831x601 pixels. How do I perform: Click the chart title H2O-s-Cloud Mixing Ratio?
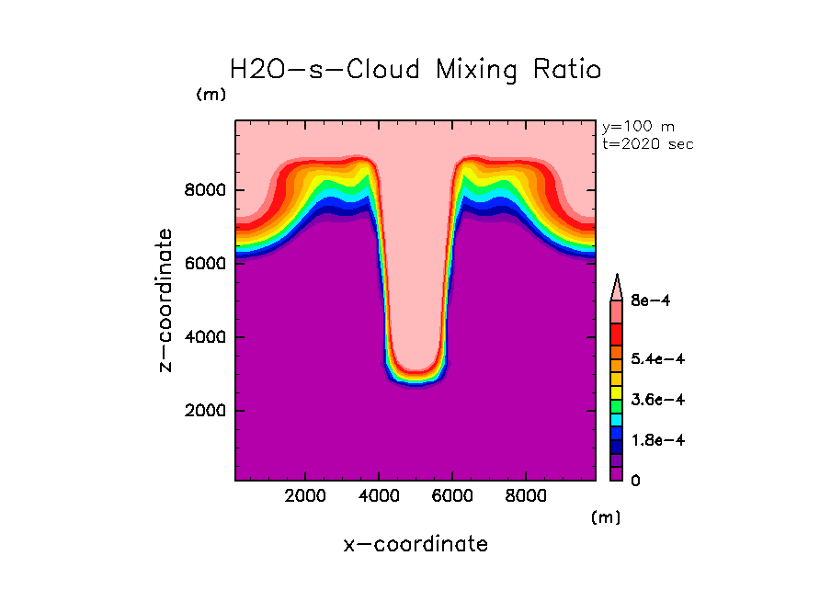pyautogui.click(x=415, y=70)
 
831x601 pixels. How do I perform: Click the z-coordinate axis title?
pyautogui.click(x=166, y=300)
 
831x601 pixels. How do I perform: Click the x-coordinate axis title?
pyautogui.click(x=415, y=544)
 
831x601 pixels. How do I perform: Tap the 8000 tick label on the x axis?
pyautogui.click(x=526, y=495)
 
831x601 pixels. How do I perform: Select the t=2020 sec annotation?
pyautogui.click(x=648, y=143)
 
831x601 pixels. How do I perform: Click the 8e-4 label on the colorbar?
pyautogui.click(x=650, y=300)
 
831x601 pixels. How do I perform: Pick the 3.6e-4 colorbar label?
pyautogui.click(x=657, y=400)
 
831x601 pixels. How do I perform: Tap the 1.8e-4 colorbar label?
pyautogui.click(x=657, y=440)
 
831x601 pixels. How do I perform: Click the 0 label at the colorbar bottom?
pyautogui.click(x=634, y=481)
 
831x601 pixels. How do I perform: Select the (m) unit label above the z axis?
pyautogui.click(x=211, y=95)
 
